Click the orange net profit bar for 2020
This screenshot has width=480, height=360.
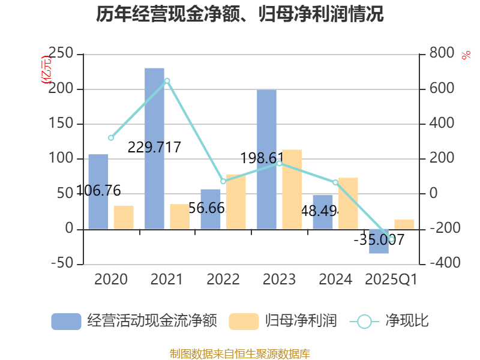(x=124, y=217)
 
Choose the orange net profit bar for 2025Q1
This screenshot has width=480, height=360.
(x=404, y=224)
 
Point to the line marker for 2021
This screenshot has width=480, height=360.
(x=167, y=80)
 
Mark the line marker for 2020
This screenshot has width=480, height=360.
(x=111, y=138)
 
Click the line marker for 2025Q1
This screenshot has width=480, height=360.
(x=391, y=239)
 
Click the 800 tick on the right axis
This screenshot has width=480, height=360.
(x=442, y=54)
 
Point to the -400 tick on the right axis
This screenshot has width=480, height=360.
(x=442, y=264)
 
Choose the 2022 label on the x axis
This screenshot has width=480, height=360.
(x=223, y=280)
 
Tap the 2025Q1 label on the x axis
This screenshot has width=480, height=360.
(x=391, y=280)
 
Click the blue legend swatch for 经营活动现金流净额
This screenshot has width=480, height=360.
(x=66, y=322)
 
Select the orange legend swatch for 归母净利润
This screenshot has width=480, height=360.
(x=244, y=322)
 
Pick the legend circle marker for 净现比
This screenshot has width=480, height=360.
(x=364, y=322)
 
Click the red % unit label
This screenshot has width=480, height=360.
(x=466, y=55)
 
